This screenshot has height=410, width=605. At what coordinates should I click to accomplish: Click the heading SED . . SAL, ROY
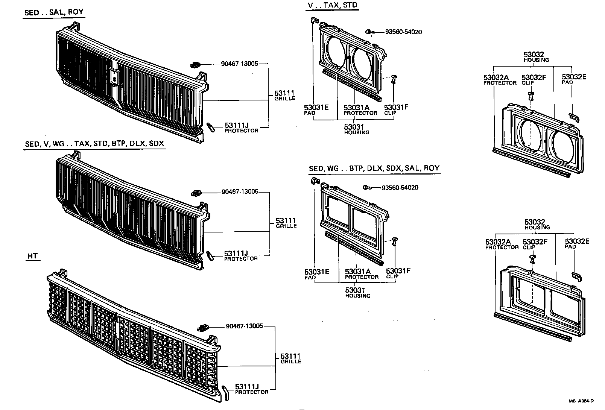tap(54, 12)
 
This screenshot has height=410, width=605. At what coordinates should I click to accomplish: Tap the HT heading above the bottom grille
tap(33, 256)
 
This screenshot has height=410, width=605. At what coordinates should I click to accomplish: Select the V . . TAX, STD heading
tap(333, 5)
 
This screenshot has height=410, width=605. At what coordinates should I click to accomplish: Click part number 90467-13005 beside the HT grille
tap(245, 326)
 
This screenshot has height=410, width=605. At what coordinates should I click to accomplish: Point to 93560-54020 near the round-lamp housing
tap(403, 32)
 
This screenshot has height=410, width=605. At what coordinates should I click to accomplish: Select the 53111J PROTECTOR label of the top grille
tap(242, 128)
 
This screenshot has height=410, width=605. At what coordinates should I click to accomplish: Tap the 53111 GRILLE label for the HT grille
tap(290, 358)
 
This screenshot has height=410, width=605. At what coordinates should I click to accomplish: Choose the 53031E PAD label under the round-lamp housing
tap(316, 109)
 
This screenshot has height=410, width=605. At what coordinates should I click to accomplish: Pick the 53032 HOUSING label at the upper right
tap(536, 57)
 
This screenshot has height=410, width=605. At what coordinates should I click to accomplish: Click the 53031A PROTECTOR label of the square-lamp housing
tap(361, 273)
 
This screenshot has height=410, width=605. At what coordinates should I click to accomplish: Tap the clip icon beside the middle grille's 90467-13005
tap(197, 193)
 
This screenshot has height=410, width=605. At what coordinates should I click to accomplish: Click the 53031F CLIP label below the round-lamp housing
tap(396, 109)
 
